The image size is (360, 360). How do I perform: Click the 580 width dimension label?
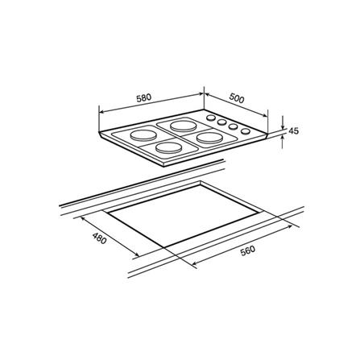(144, 98)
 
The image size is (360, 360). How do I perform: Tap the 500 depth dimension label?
(237, 98)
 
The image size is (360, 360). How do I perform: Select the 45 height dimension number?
(293, 131)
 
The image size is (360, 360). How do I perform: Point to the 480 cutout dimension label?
(100, 238)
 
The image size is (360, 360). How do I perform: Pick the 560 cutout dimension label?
(247, 251)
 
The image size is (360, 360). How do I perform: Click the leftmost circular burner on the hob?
(143, 135)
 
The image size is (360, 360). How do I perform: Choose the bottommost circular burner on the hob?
(169, 148)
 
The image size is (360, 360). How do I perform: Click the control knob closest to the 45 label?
(246, 131)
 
